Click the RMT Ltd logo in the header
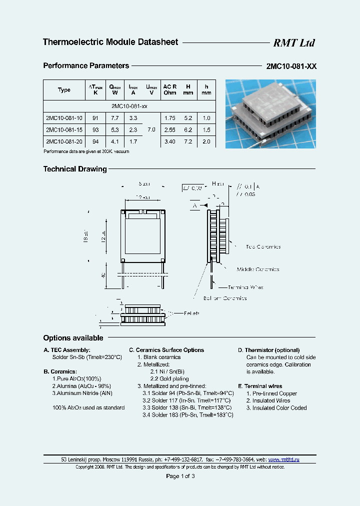point(293,43)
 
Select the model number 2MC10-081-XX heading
point(290,66)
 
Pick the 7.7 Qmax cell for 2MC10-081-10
point(114,118)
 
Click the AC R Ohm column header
point(170,89)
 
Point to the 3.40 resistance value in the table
point(170,142)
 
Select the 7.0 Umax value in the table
point(151,130)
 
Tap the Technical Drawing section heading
point(75,169)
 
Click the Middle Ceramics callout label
point(258,269)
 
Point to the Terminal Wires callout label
point(245,287)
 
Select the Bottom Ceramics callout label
point(224,298)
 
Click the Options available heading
point(73,338)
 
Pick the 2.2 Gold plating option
point(165,379)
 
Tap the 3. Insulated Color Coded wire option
point(276,408)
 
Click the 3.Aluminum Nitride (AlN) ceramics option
point(82,393)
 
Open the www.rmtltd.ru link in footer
point(283,459)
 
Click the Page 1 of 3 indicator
point(180,476)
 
